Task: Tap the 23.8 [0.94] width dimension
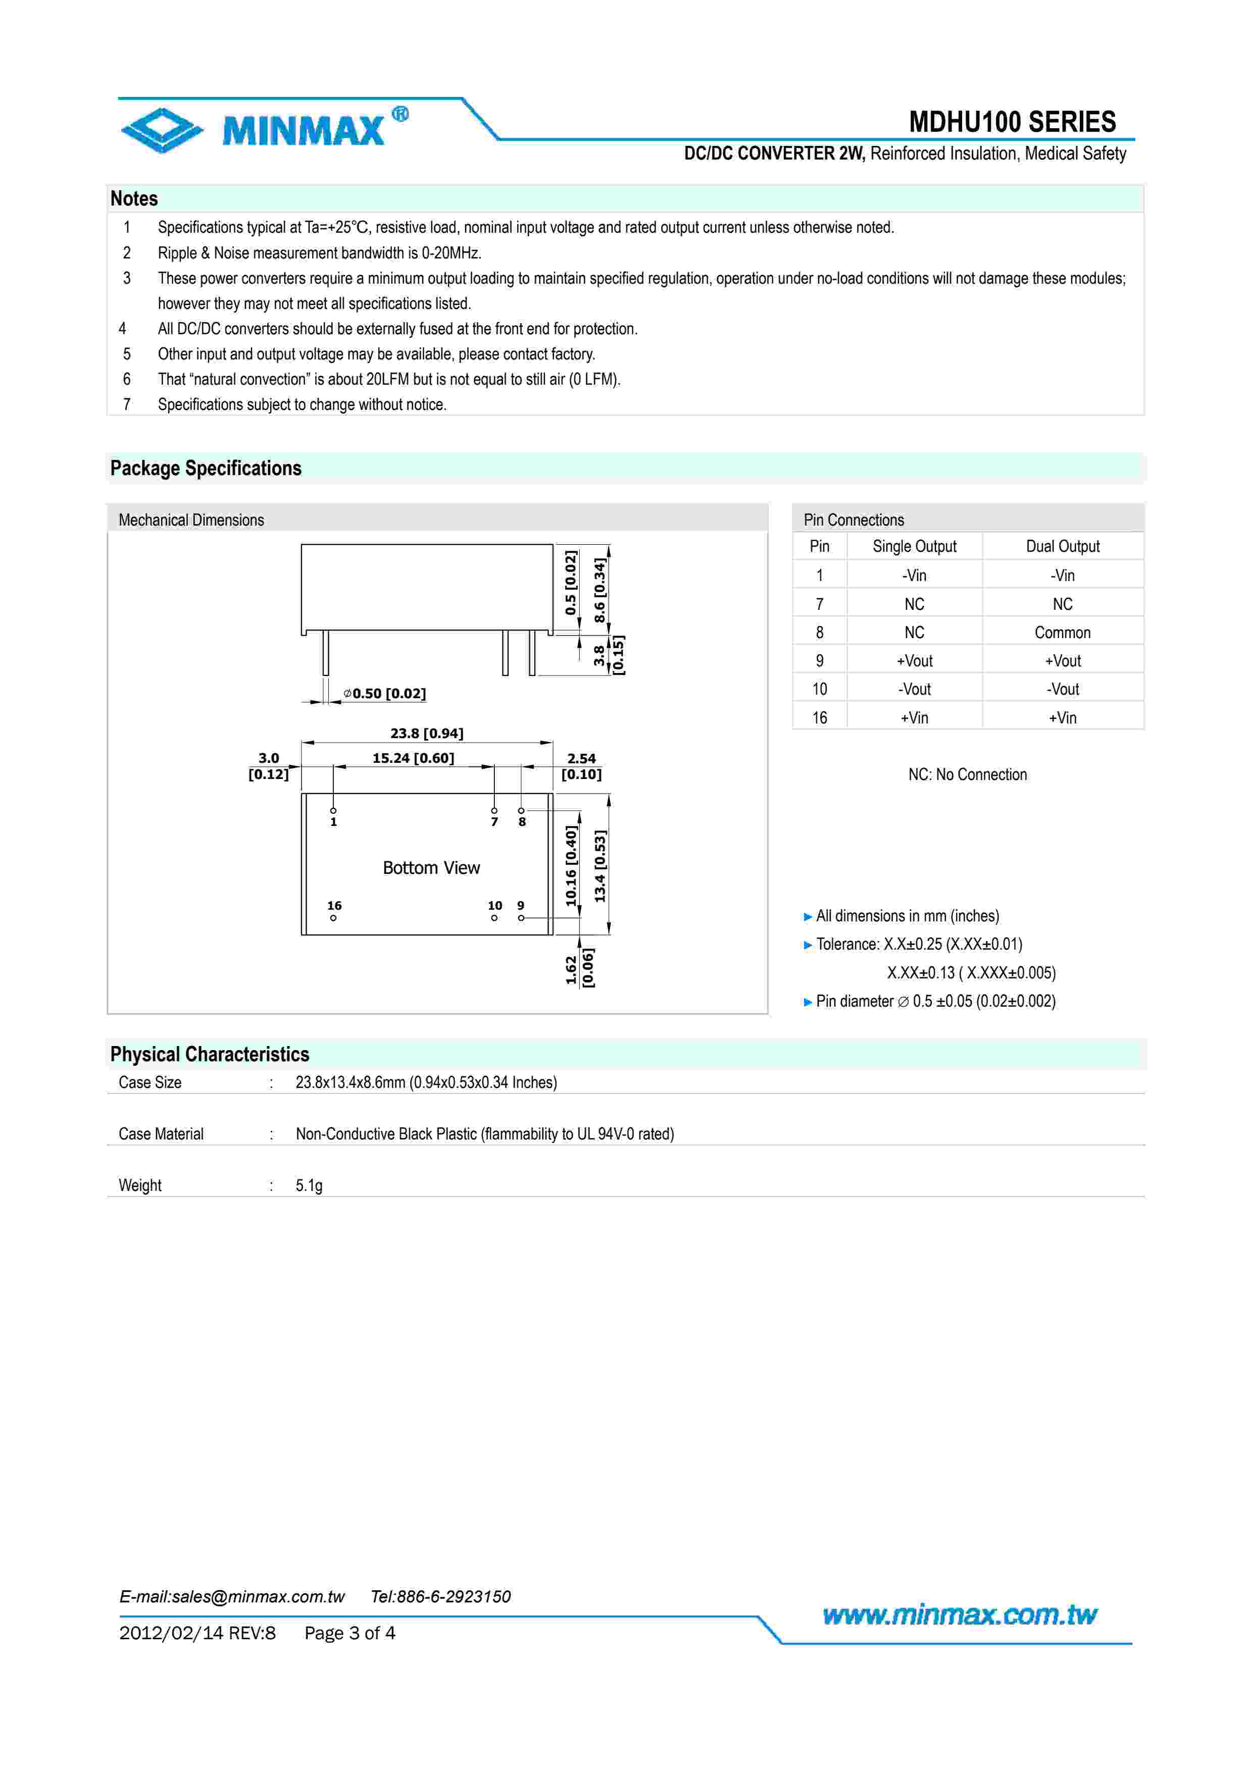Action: point(427,733)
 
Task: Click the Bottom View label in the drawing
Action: point(431,868)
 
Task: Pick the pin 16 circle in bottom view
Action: point(333,918)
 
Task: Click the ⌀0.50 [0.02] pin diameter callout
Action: point(385,694)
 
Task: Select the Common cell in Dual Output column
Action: point(1062,633)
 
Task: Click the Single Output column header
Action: point(914,546)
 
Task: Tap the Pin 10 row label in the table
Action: point(819,689)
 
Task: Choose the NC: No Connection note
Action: point(967,774)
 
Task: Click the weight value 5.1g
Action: point(309,1185)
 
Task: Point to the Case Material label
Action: point(161,1134)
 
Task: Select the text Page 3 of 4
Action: point(349,1633)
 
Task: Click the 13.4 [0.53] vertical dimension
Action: point(600,865)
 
